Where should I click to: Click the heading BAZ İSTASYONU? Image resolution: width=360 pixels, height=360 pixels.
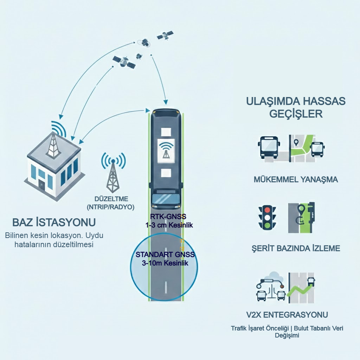(54, 223)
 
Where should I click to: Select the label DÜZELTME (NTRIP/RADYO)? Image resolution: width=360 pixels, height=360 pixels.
(111, 203)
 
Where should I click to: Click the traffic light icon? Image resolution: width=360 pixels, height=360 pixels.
(267, 217)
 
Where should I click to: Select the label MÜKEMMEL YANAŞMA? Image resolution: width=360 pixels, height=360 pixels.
(296, 180)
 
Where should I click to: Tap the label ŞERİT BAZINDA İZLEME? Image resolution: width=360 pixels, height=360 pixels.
(296, 249)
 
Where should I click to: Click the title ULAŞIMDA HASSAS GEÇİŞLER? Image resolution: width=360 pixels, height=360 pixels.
(296, 108)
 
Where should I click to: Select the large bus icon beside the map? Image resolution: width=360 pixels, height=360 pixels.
(268, 147)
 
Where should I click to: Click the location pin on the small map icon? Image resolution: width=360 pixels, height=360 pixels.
(296, 143)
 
